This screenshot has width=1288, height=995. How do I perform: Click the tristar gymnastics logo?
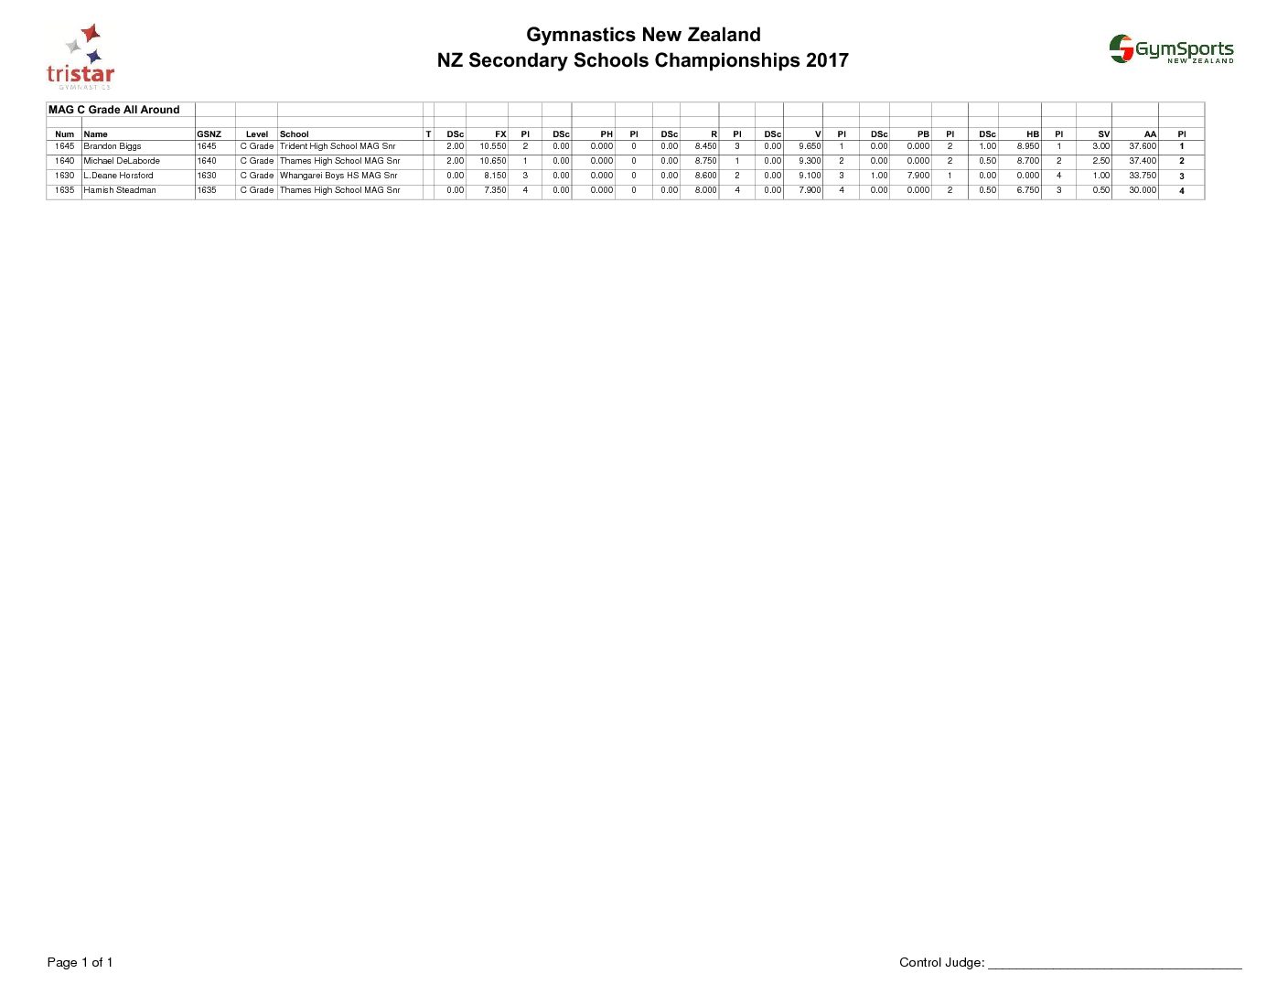[x=80, y=58]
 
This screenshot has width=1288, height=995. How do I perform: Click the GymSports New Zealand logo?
[x=1172, y=49]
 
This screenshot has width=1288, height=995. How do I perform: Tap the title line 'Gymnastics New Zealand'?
[x=643, y=35]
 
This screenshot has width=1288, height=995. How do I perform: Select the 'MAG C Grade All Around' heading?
[x=114, y=110]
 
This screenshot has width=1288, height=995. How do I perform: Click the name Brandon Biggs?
[x=113, y=146]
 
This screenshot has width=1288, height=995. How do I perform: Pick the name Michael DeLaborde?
[x=122, y=161]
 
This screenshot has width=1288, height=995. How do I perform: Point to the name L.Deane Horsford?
[x=119, y=176]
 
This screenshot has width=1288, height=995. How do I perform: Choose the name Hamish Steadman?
[x=120, y=190]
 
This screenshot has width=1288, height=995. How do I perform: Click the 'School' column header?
[x=295, y=134]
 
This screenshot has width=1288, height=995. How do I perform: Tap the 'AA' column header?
[x=1150, y=134]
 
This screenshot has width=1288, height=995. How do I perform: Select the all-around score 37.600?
[x=1143, y=146]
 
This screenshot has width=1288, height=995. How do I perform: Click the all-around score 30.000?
[x=1143, y=190]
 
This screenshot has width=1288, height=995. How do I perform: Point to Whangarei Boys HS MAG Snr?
[x=338, y=176]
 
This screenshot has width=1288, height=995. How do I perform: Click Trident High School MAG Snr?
[x=338, y=146]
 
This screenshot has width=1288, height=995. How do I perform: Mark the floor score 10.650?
[x=493, y=161]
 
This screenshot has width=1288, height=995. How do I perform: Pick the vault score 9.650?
[x=810, y=146]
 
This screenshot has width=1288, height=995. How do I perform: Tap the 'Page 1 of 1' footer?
[x=80, y=962]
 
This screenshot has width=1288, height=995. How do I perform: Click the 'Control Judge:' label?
[x=941, y=962]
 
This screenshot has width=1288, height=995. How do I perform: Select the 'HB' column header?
[x=1033, y=134]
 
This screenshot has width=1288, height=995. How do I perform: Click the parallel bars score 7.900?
[x=918, y=176]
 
